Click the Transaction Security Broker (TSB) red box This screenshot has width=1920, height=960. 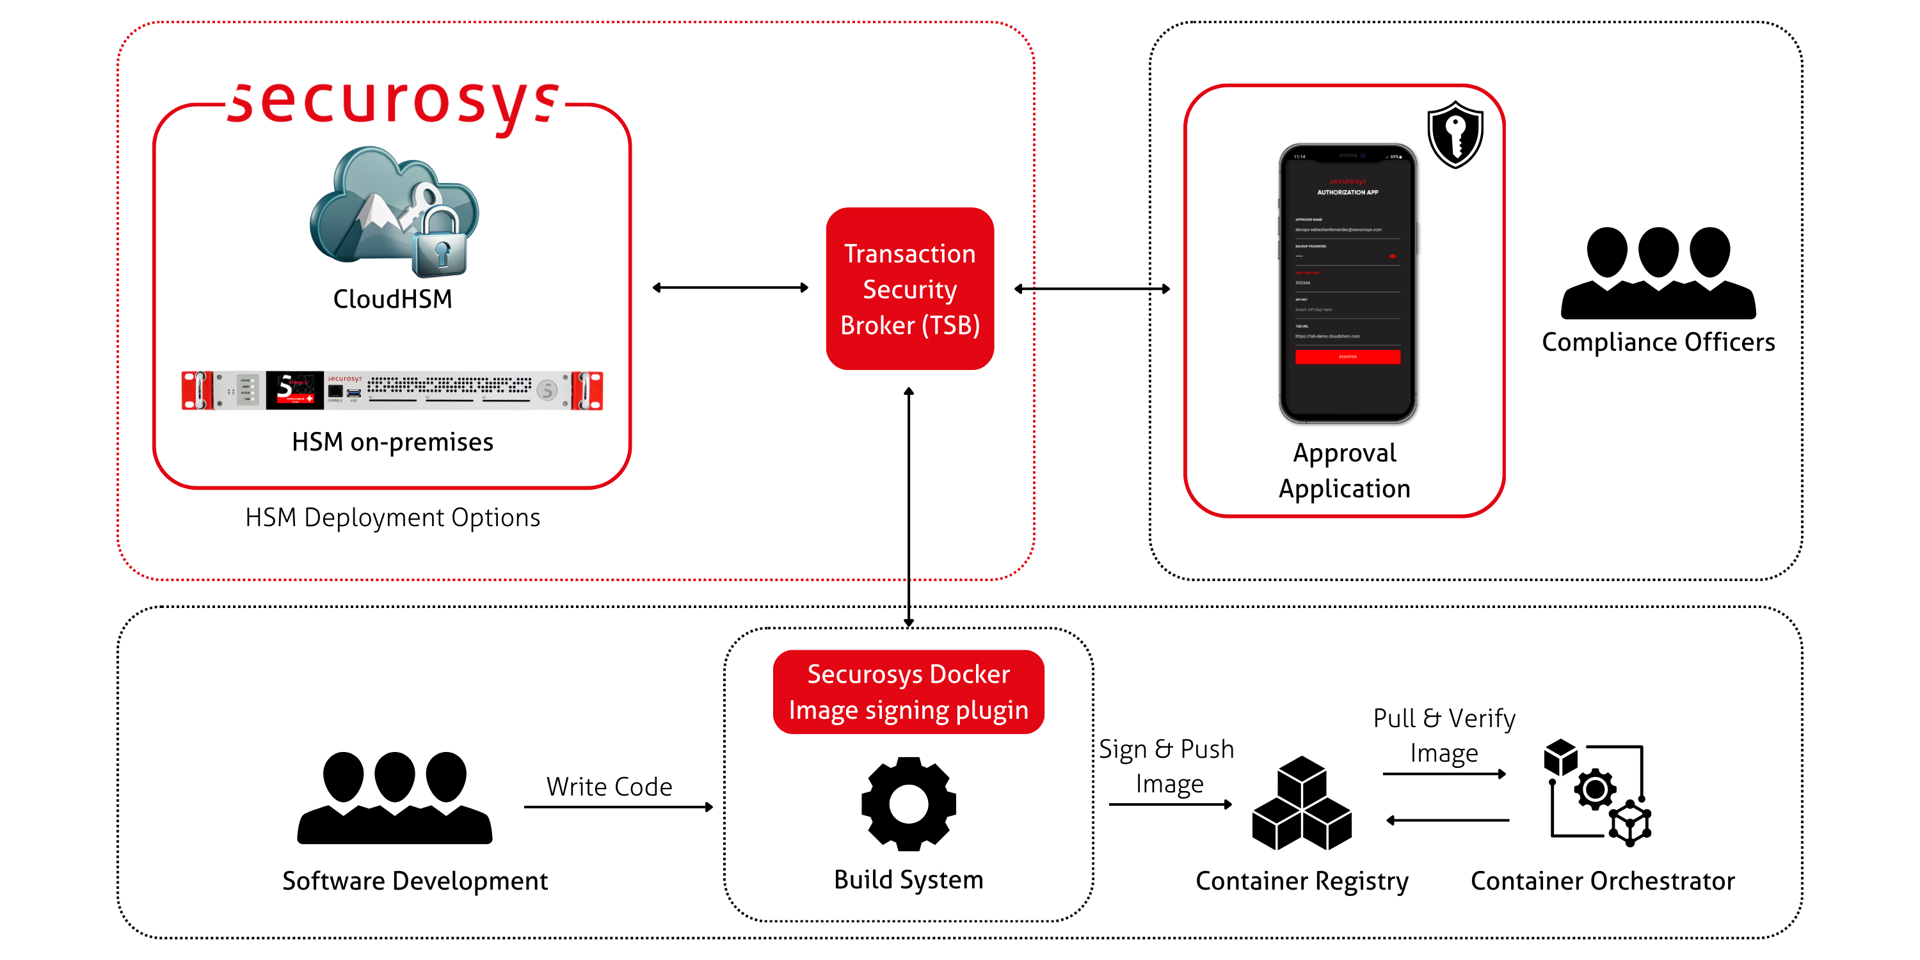point(909,289)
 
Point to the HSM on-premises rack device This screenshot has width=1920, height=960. point(392,390)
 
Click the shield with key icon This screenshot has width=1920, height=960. point(1455,135)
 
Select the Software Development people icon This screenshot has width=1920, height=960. point(394,797)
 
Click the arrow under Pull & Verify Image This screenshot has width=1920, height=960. point(1444,774)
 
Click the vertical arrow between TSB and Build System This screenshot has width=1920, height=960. point(909,507)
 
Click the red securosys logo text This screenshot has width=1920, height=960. point(393,104)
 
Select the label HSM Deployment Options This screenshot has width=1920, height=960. point(392,517)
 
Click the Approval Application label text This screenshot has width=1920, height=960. point(1345,470)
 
